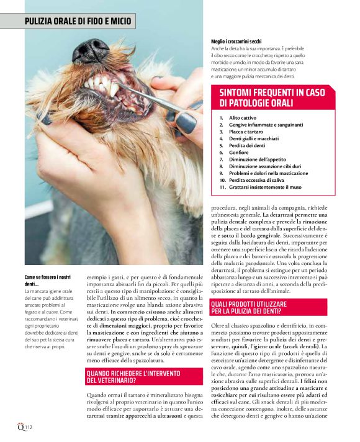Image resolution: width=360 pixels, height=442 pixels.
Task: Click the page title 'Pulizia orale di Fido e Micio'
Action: pyautogui.click(x=78, y=21)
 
